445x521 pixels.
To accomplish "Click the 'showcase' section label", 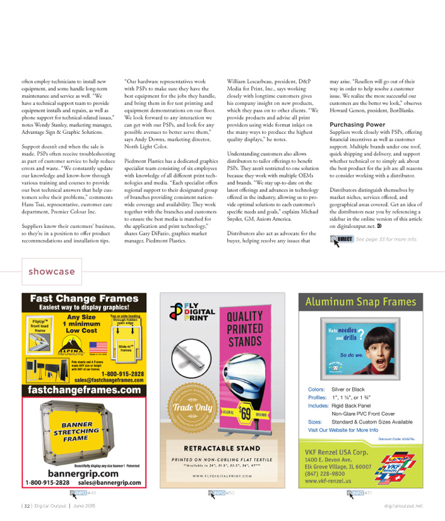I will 52,272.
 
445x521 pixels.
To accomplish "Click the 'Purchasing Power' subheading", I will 357,124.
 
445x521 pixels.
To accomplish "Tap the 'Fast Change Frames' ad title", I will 84,298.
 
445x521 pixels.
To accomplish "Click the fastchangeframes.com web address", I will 84,390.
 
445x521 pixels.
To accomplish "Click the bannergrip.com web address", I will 84,473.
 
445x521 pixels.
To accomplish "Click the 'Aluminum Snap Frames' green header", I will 360,302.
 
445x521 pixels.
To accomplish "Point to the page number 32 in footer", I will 26,506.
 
